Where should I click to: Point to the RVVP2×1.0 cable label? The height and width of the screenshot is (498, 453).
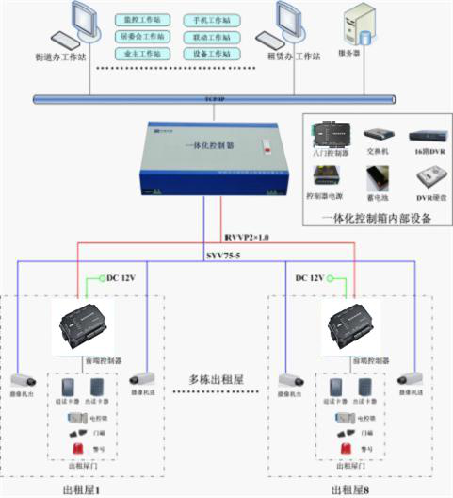click(247, 237)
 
